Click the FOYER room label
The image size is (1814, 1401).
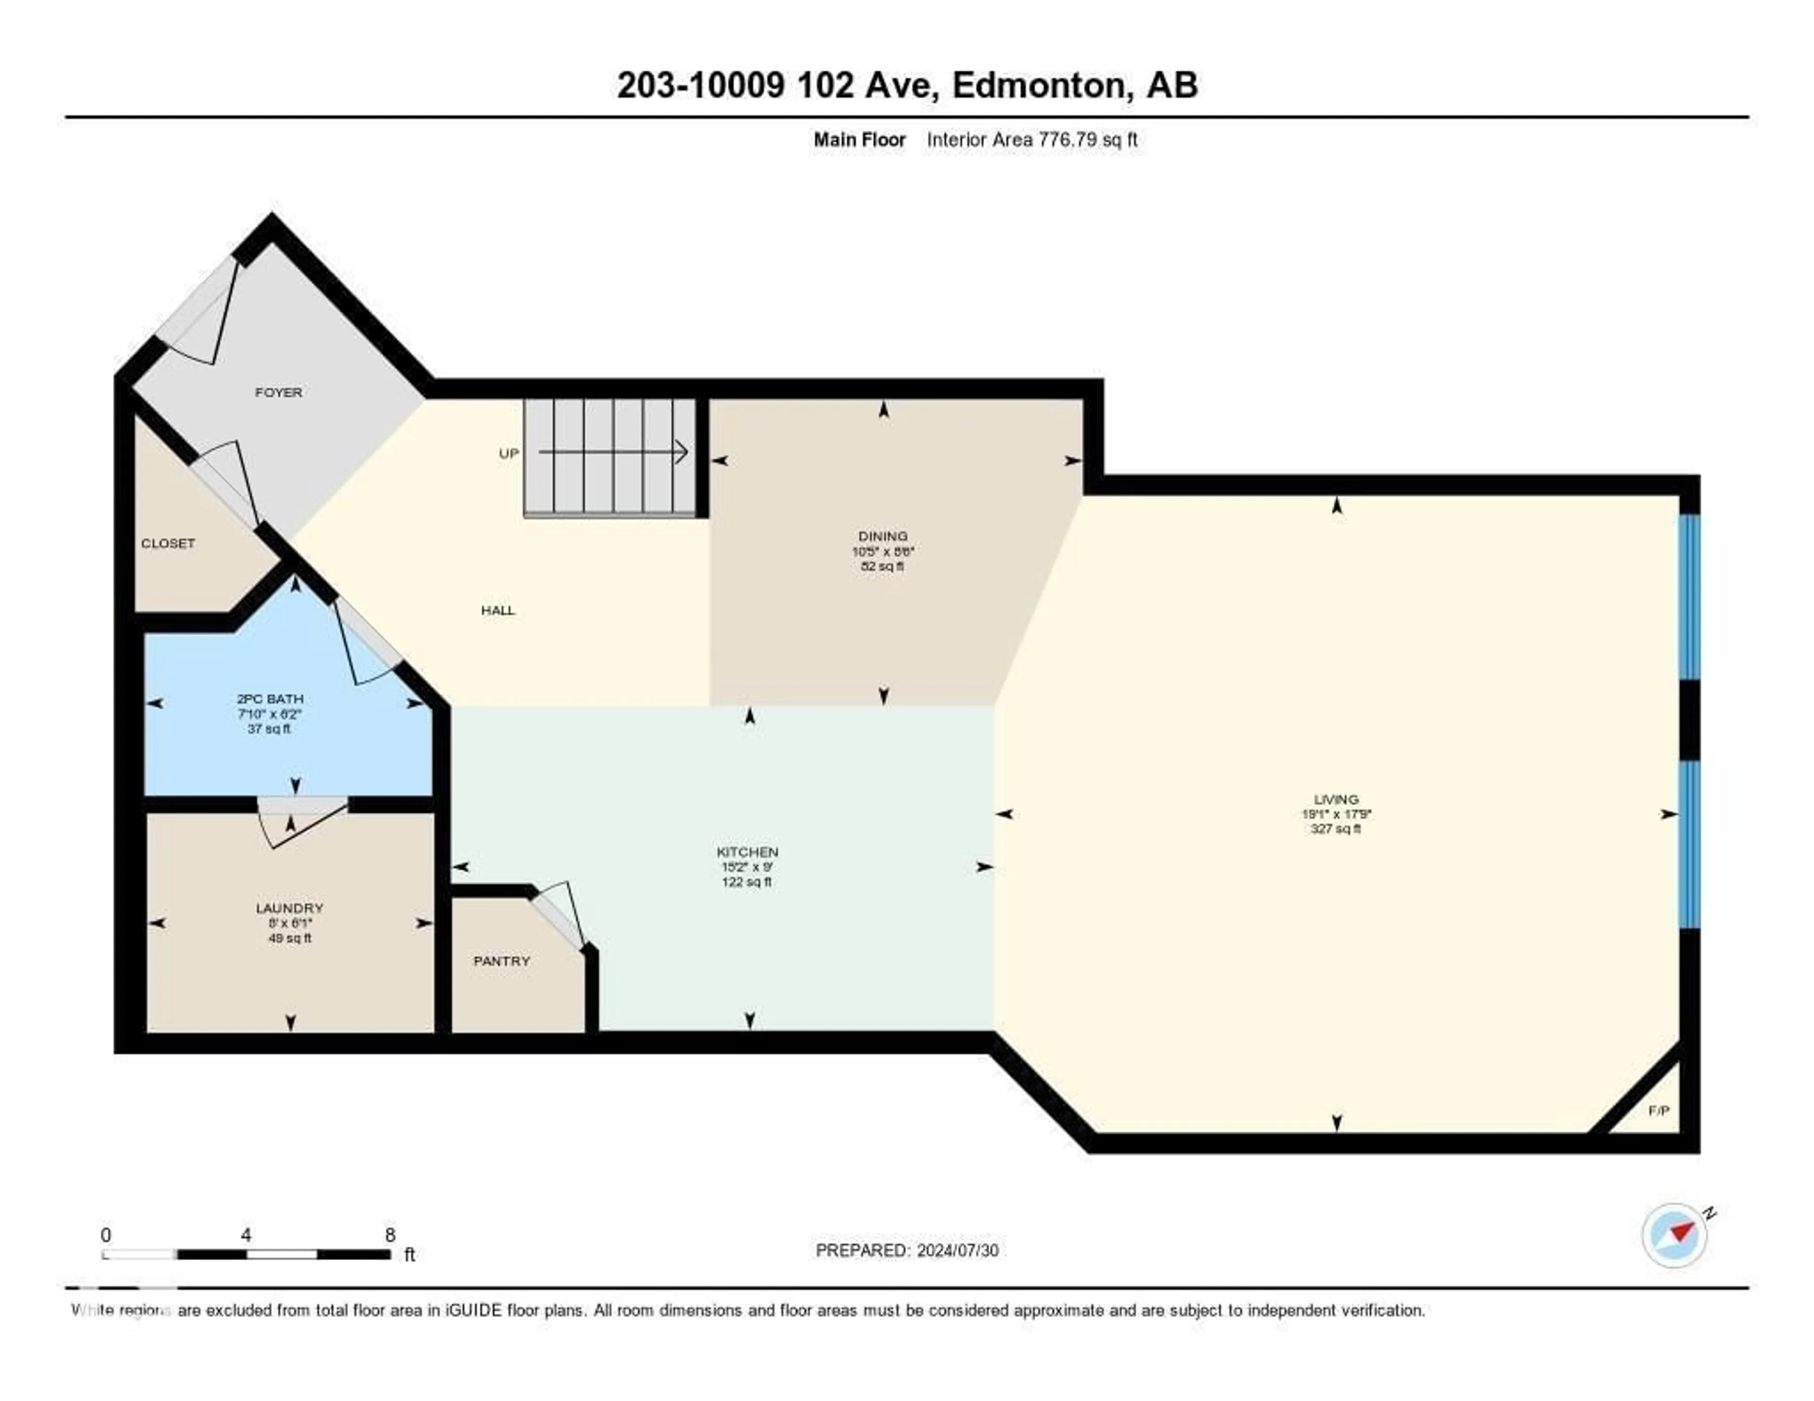278,392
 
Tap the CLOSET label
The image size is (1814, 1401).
168,543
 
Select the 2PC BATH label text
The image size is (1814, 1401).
270,699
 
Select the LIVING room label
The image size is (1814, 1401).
1335,799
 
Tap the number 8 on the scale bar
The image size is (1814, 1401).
390,1235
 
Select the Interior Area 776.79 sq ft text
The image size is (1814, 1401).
1032,139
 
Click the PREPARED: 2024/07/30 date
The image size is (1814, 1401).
906,1250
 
